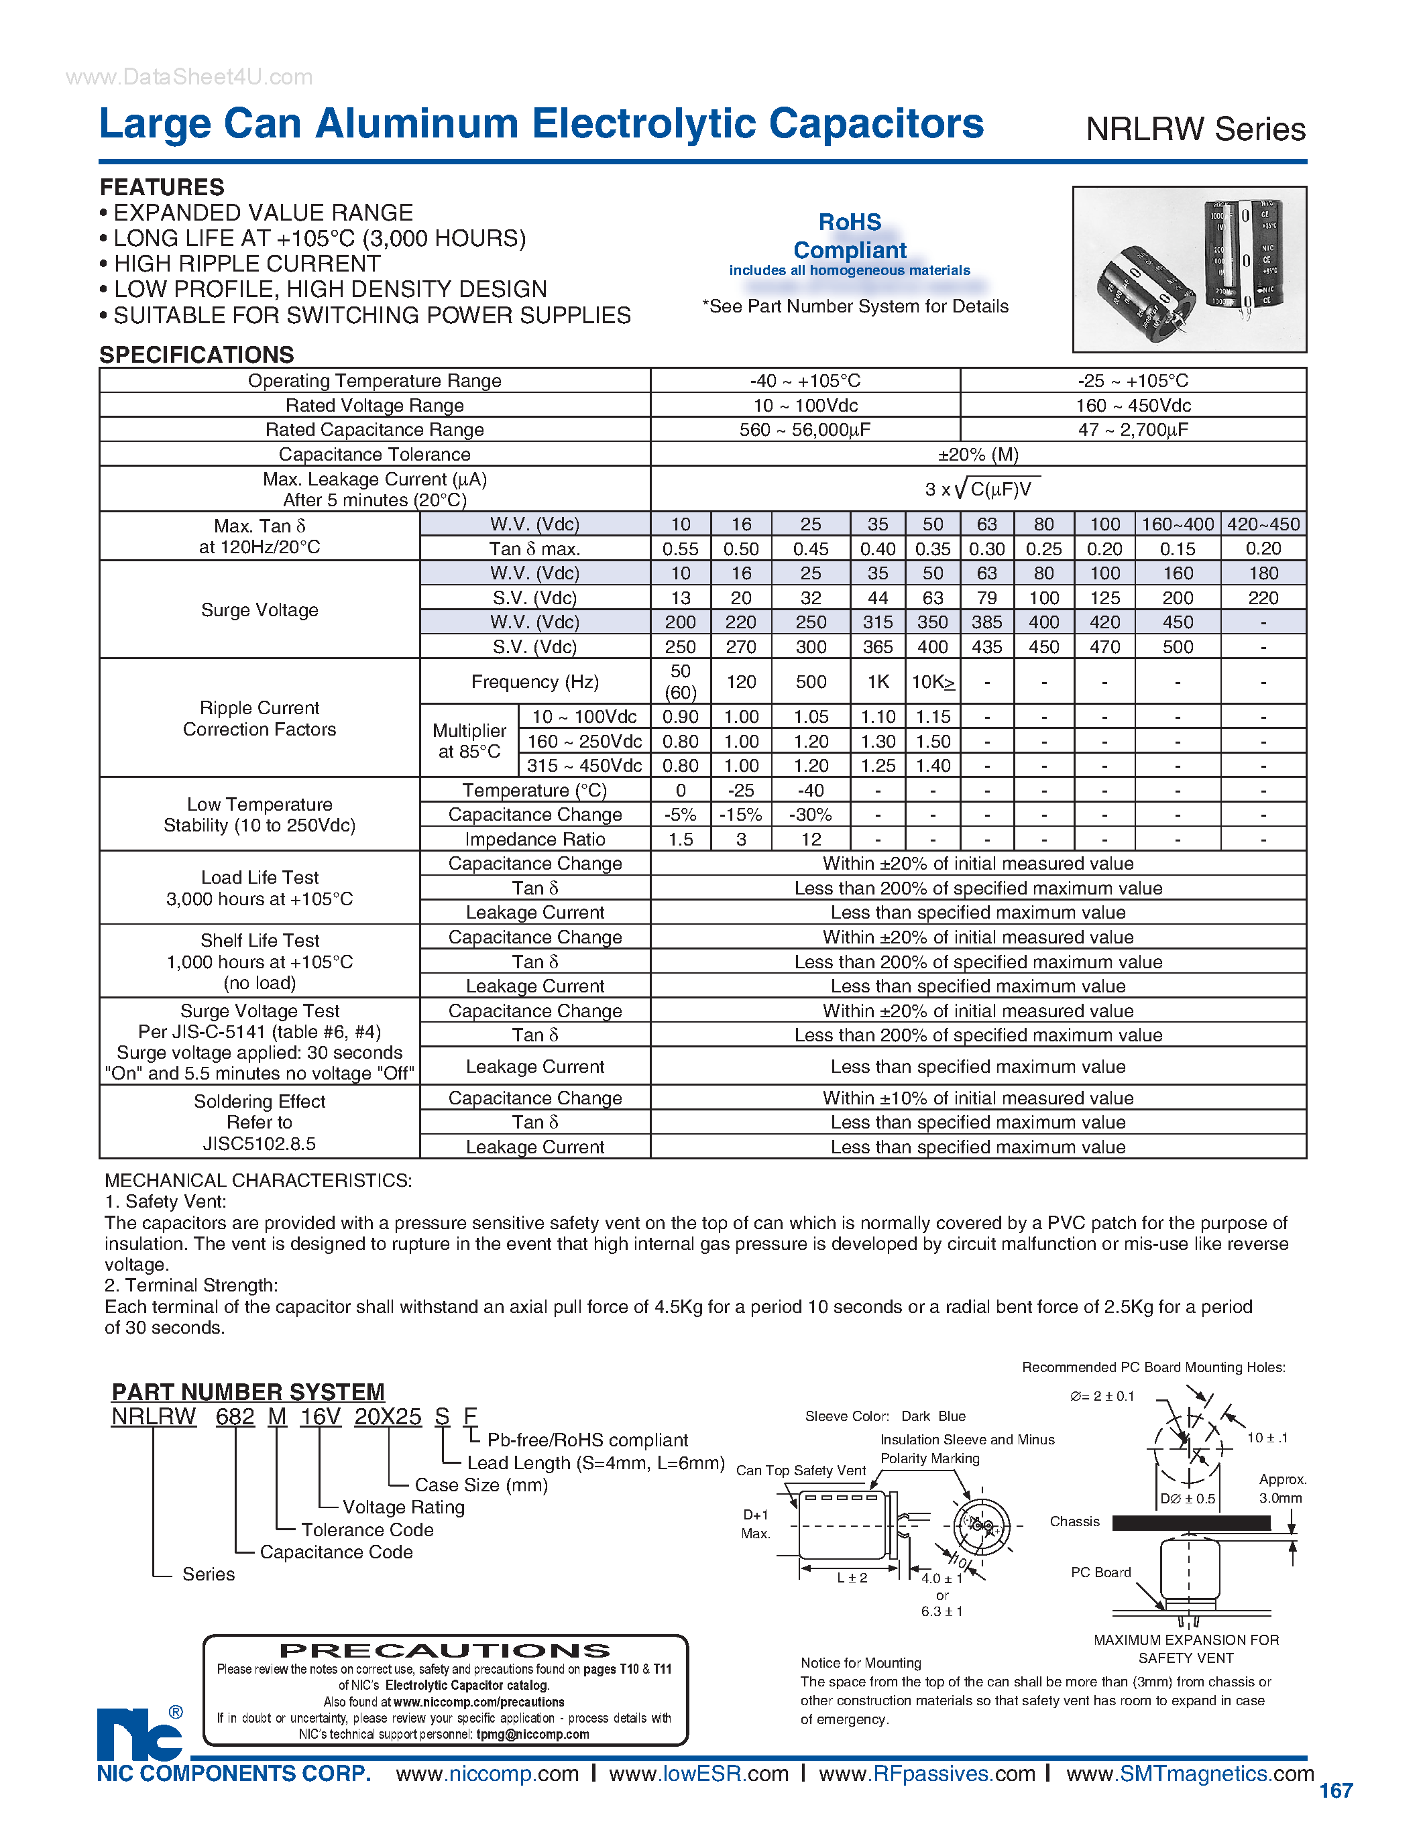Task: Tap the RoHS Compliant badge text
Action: click(849, 237)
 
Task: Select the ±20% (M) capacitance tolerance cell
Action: click(978, 454)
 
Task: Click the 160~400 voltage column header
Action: click(1177, 524)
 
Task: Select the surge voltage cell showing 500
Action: click(1177, 647)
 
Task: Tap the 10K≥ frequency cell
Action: click(933, 681)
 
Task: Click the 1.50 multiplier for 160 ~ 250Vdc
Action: click(933, 742)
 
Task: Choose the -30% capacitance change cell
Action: click(811, 815)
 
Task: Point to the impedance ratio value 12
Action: click(811, 840)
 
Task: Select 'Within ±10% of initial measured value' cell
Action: click(978, 1098)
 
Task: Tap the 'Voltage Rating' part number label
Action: click(404, 1507)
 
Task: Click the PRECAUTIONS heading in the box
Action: click(445, 1651)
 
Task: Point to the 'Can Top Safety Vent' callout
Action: click(800, 1470)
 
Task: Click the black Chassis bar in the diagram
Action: click(1190, 1522)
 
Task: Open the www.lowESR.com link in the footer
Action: click(698, 1774)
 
